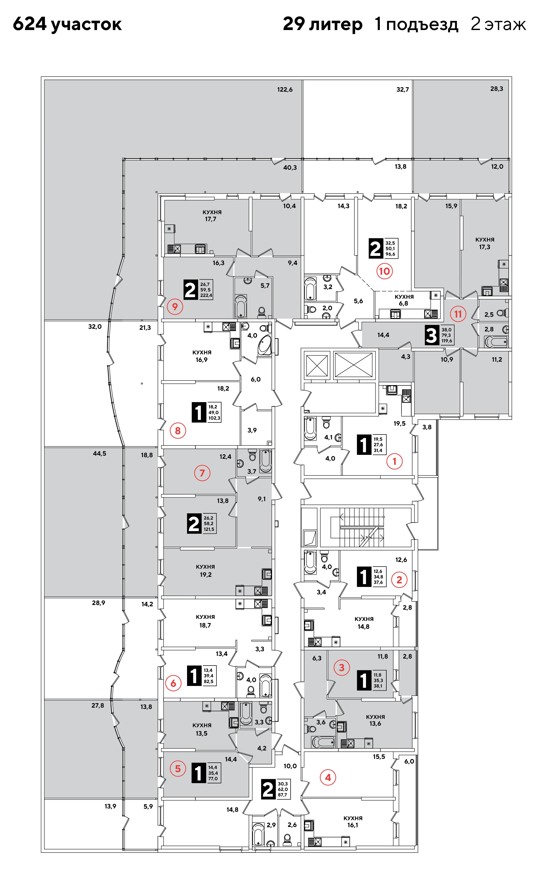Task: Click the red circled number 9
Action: (x=175, y=307)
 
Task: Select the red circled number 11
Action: (x=458, y=314)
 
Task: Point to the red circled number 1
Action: (x=394, y=461)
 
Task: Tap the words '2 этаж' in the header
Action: (x=498, y=24)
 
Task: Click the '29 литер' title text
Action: (x=323, y=24)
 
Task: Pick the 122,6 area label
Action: (x=285, y=90)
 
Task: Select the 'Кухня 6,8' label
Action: (x=404, y=300)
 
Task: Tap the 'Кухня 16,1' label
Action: (x=353, y=822)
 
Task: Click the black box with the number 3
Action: (x=431, y=335)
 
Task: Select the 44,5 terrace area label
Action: (x=99, y=453)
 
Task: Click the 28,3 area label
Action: (x=496, y=89)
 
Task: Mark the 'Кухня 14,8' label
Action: (x=364, y=622)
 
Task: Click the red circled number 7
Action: (x=202, y=473)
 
